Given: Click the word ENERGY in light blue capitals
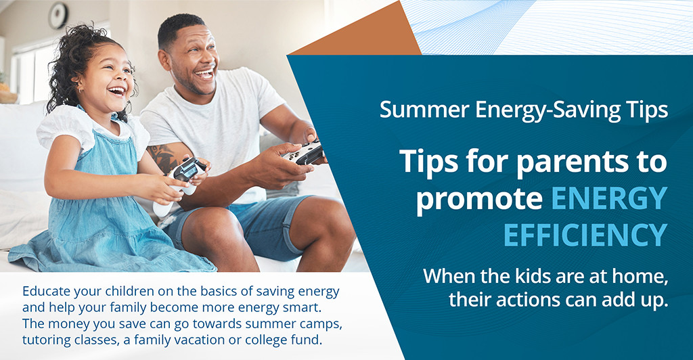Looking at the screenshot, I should (609, 198).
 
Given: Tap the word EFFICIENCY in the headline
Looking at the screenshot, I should (585, 234).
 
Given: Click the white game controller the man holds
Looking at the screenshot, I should (304, 152).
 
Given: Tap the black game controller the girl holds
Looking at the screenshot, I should (188, 169).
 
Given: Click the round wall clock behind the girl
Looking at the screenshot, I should (58, 15).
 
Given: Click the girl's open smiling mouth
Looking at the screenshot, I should (116, 90).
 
